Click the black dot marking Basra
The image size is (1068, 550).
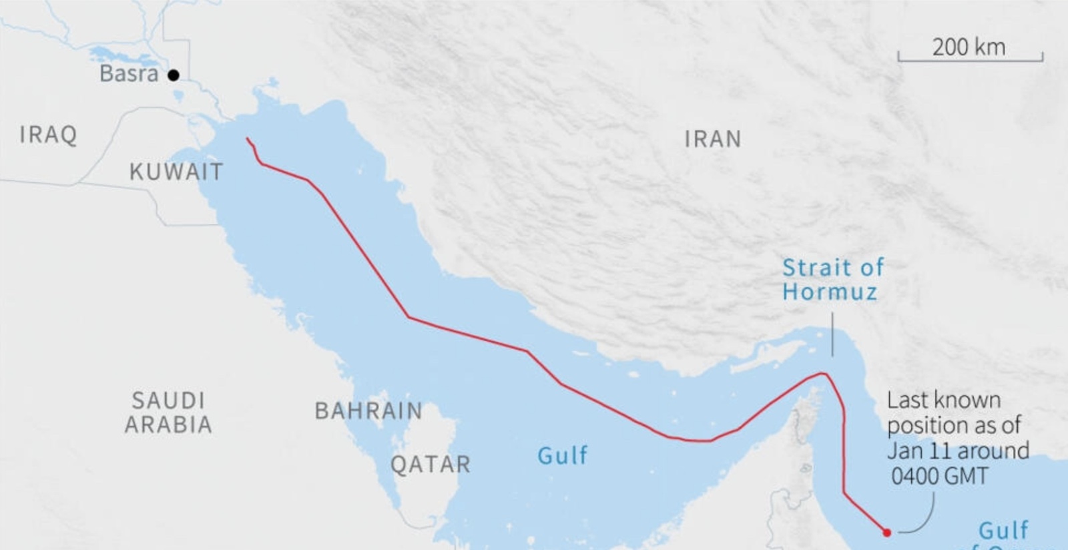click(x=174, y=75)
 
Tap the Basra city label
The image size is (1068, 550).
click(x=129, y=73)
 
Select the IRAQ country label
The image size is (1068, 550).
click(x=48, y=135)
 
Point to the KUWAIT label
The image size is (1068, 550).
click(x=176, y=172)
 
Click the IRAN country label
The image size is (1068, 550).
click(x=713, y=139)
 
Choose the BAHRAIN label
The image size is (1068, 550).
click(x=368, y=410)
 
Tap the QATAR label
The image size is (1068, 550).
click(x=431, y=465)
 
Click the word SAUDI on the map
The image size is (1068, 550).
click(x=168, y=400)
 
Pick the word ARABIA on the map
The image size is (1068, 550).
click(x=168, y=425)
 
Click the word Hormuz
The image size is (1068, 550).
click(x=830, y=292)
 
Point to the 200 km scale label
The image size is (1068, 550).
click(x=969, y=47)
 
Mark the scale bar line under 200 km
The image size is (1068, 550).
click(x=971, y=61)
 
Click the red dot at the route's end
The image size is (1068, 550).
click(x=886, y=533)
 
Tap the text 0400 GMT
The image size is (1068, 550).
click(x=939, y=477)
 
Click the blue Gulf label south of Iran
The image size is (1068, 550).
click(x=563, y=456)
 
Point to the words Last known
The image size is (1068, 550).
click(x=943, y=400)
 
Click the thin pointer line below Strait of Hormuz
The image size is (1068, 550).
click(x=832, y=334)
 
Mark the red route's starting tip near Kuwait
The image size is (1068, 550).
click(x=247, y=139)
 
